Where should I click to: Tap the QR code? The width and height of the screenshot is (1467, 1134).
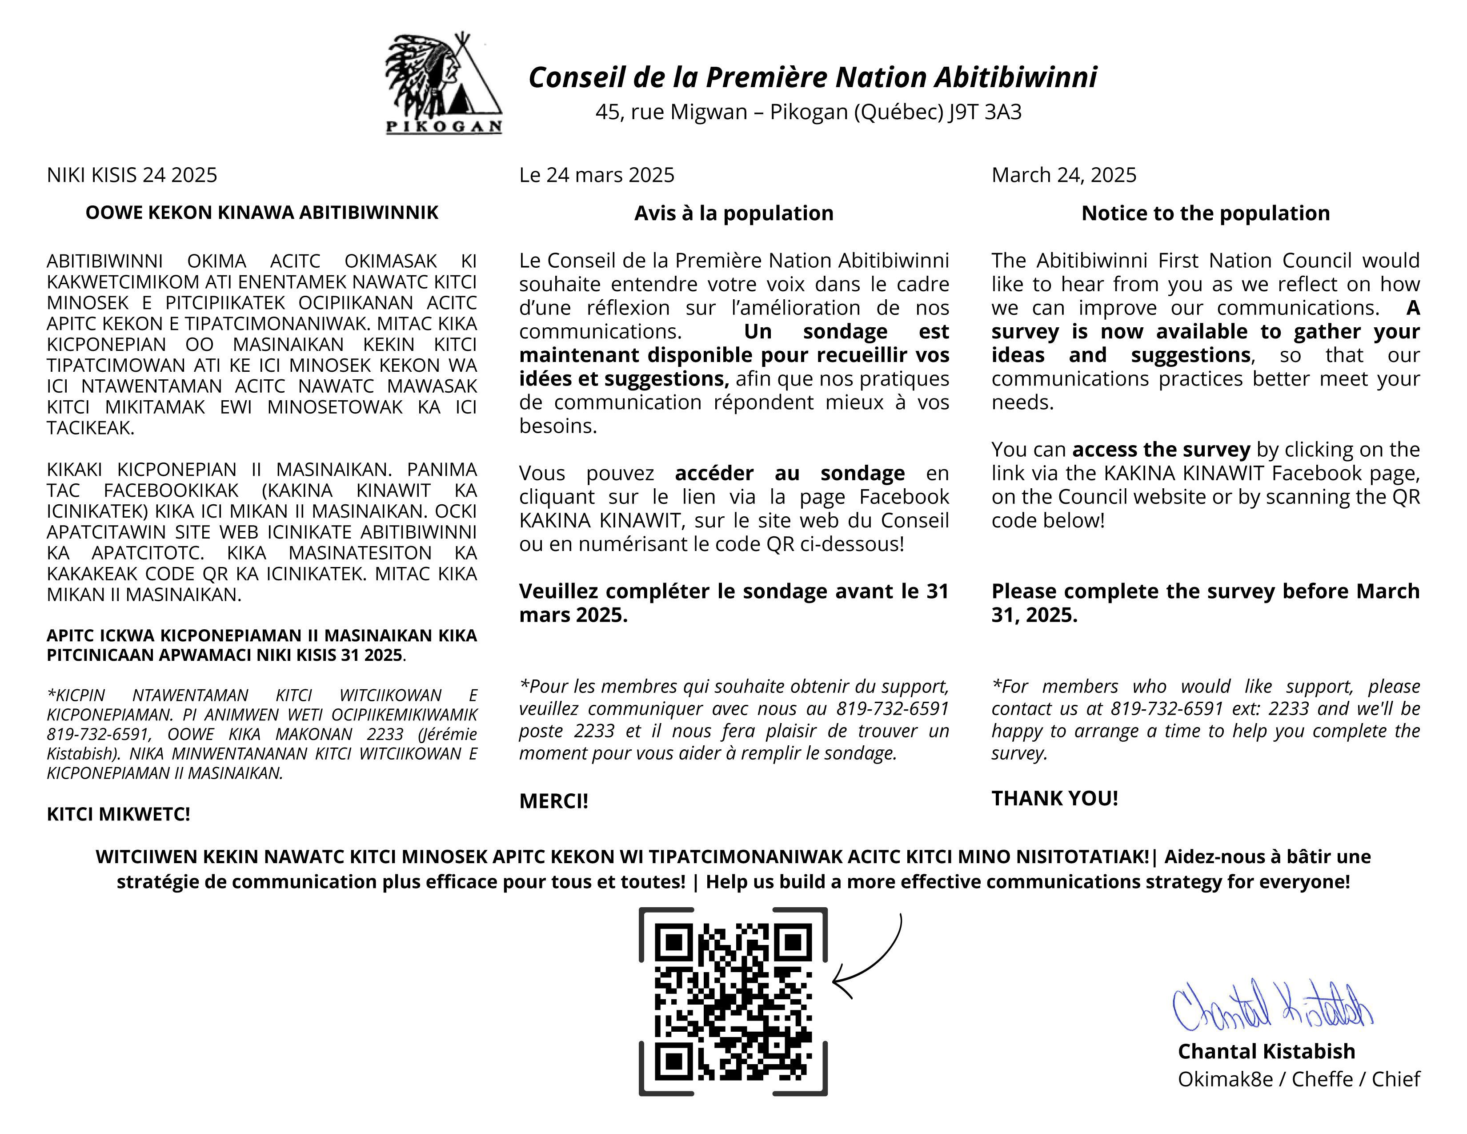pos(733,1001)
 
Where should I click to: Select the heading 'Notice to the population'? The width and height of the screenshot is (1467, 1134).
pos(1205,213)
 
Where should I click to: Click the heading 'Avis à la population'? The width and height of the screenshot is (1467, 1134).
pos(733,213)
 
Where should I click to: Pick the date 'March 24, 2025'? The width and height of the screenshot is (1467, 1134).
pos(1064,175)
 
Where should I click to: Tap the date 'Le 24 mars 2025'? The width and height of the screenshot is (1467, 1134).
pos(597,175)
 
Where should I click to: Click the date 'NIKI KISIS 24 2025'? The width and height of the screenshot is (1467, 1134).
pos(132,175)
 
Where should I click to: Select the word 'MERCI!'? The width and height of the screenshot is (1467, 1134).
pos(553,801)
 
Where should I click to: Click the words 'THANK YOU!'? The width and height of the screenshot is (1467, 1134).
pos(1054,798)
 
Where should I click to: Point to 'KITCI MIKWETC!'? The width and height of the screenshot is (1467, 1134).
pos(118,814)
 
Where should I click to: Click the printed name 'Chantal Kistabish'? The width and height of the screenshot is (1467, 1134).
pos(1266,1051)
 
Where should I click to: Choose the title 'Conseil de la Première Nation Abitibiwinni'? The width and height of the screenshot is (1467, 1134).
pos(813,77)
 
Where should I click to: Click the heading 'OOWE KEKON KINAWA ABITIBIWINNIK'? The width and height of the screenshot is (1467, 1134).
pos(261,212)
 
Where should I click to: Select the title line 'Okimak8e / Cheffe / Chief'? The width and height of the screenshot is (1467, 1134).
pos(1299,1079)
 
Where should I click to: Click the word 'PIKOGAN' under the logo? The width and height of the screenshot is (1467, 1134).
pos(443,126)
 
